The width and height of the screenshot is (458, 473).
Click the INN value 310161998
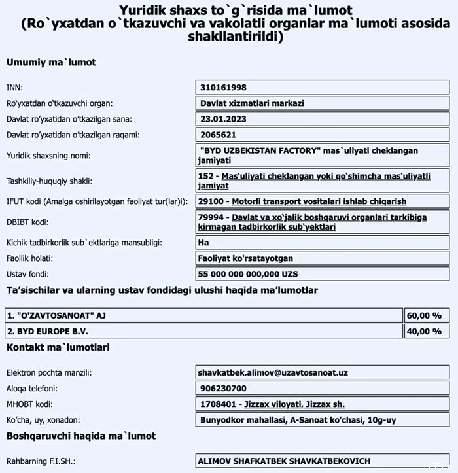tap(224, 87)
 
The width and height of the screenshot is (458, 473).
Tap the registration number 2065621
tap(219, 135)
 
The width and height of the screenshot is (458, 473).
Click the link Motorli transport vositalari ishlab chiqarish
tap(319, 201)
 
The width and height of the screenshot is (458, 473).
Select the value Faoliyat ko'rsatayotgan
tap(245, 258)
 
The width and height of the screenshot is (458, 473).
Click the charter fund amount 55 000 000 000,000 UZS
tap(247, 273)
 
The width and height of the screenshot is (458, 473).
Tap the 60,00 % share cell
tap(425, 315)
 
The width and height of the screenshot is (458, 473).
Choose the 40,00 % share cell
tap(425, 331)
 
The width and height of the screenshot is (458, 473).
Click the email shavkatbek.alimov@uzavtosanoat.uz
tap(272, 372)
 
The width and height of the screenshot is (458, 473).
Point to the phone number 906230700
tap(221, 388)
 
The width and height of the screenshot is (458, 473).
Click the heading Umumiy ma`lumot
tap(51, 63)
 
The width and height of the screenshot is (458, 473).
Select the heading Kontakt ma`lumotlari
tap(58, 347)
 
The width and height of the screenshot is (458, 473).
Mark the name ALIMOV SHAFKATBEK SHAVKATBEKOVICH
tap(284, 461)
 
